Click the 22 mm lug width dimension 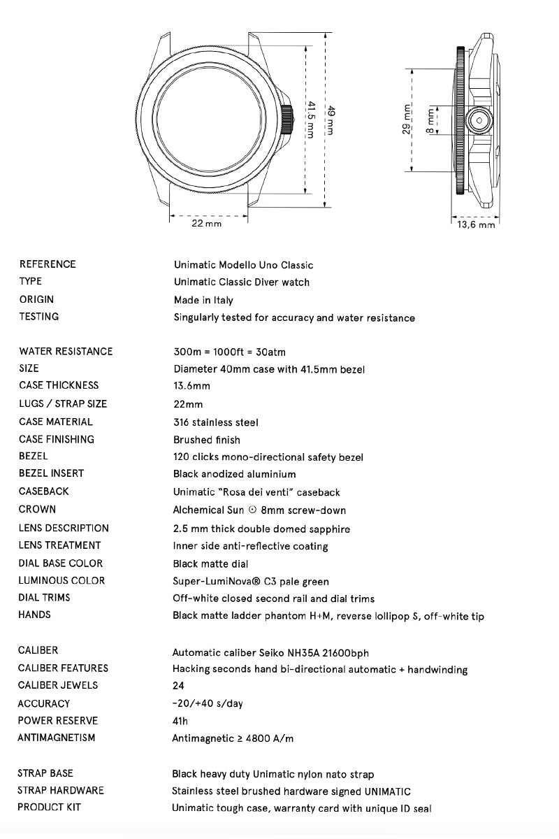pyautogui.click(x=206, y=224)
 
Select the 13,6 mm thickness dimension pyautogui.click(x=476, y=225)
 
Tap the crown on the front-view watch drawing pyautogui.click(x=286, y=120)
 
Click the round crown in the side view pyautogui.click(x=481, y=120)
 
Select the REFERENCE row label pyautogui.click(x=48, y=264)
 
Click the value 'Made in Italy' pyautogui.click(x=203, y=300)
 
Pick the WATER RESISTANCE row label pyautogui.click(x=66, y=351)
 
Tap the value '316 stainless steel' pyautogui.click(x=216, y=422)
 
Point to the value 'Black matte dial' pyautogui.click(x=210, y=564)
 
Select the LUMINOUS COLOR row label pyautogui.click(x=61, y=580)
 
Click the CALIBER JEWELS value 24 pyautogui.click(x=178, y=686)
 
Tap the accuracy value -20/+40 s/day pyautogui.click(x=208, y=703)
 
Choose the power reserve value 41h pyautogui.click(x=180, y=721)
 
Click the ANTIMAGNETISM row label pyautogui.click(x=57, y=738)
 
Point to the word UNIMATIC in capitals pyautogui.click(x=387, y=791)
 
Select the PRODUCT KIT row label pyautogui.click(x=50, y=808)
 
